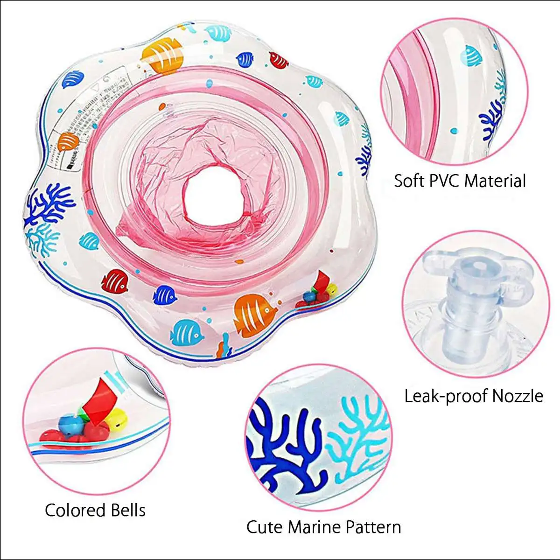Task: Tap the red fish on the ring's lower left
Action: coord(114,281)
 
